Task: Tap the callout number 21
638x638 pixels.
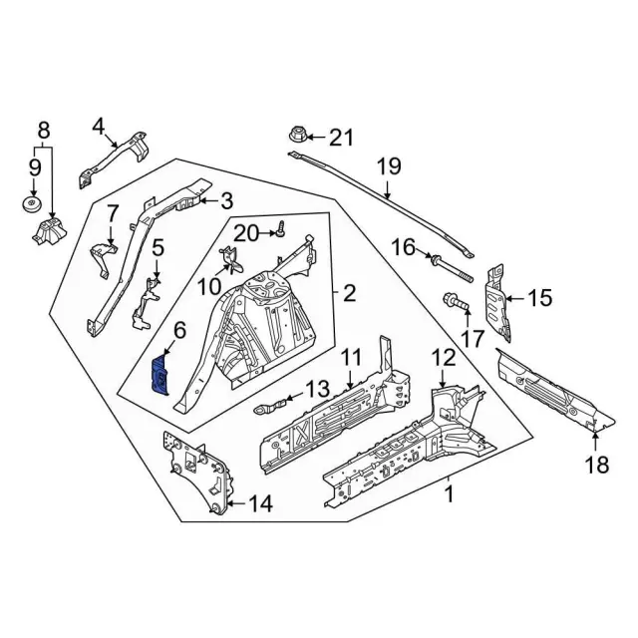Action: [342, 137]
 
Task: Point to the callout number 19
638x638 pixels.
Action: [387, 165]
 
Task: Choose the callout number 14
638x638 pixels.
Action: [258, 504]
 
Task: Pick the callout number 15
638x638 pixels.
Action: [538, 296]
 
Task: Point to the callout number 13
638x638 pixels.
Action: [316, 389]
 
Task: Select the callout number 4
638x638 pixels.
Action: [98, 126]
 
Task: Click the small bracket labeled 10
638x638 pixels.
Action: [229, 262]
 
